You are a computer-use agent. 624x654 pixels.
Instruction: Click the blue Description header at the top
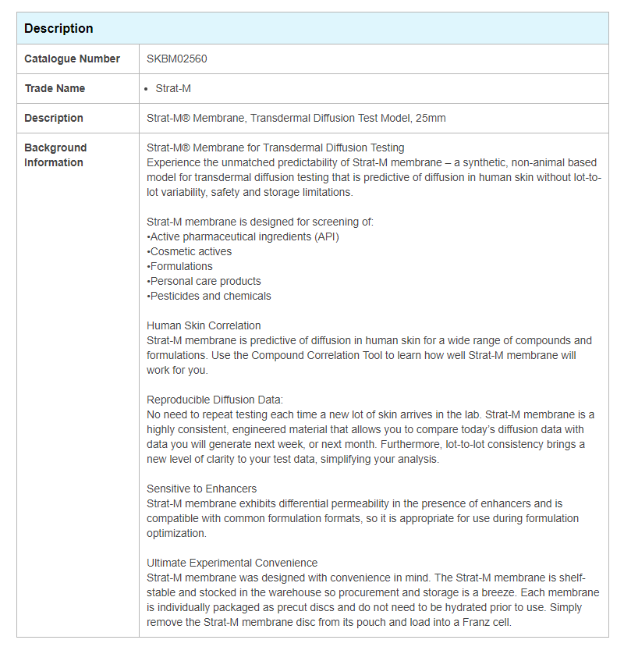click(x=58, y=28)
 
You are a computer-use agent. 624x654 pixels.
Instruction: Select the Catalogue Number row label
click(x=72, y=59)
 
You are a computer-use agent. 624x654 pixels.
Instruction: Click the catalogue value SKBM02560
click(x=177, y=59)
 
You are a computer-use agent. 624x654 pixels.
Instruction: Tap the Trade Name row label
click(x=55, y=88)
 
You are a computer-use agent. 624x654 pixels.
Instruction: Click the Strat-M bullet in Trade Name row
click(x=173, y=88)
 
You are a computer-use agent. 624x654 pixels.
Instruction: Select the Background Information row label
click(x=55, y=155)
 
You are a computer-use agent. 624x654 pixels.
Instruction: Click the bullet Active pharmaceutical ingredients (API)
click(x=243, y=236)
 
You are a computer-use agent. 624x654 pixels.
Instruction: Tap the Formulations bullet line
click(x=180, y=266)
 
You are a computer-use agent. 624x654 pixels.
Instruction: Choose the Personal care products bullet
click(x=204, y=281)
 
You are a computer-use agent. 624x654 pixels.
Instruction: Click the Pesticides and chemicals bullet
click(x=210, y=296)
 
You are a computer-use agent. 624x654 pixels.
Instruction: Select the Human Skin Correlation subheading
click(x=204, y=325)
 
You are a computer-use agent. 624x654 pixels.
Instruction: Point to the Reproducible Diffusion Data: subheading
click(x=214, y=400)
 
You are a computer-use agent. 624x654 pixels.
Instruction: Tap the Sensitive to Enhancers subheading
click(x=201, y=489)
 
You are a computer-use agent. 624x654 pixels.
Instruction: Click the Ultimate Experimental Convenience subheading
click(x=232, y=563)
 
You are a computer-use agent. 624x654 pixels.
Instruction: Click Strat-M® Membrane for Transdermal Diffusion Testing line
click(x=275, y=148)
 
